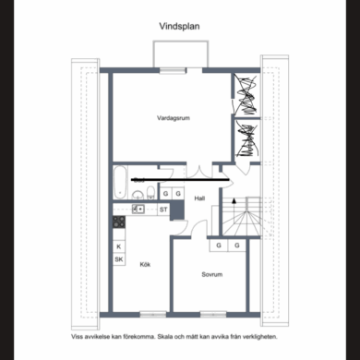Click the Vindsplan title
point(179,27)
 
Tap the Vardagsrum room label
point(174,118)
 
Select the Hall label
point(199,198)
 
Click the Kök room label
point(145,264)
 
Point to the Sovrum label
point(212,274)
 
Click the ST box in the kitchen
point(163,210)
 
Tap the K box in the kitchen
point(119,246)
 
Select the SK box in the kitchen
point(119,259)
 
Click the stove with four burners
point(119,222)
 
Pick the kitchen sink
point(138,210)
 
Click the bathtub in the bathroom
point(120,183)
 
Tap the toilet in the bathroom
point(150,193)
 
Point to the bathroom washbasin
point(138,195)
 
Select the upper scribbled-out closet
point(246,94)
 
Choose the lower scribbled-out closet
point(246,140)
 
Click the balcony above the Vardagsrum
point(181,54)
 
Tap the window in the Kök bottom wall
point(153,315)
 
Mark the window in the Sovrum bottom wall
point(213,315)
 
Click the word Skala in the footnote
point(165,337)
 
